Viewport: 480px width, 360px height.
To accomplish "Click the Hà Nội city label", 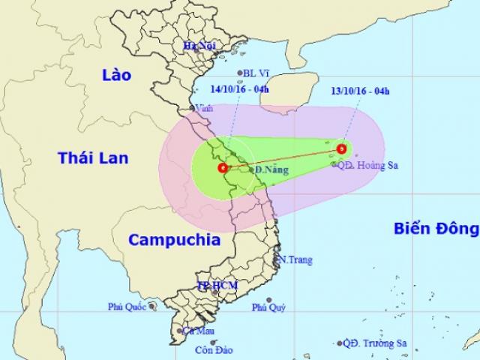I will (x=199, y=47).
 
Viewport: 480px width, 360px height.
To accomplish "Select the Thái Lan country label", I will (x=93, y=157).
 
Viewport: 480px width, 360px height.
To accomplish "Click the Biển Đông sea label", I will (x=436, y=228).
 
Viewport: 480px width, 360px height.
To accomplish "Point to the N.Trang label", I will (x=296, y=260).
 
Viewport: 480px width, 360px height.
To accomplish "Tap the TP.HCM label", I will (x=212, y=286).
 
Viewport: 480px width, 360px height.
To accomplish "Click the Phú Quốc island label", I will (x=127, y=305).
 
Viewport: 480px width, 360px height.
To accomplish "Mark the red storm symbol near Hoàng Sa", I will (x=342, y=148).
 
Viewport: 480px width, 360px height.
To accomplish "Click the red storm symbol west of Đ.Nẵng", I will (x=221, y=168).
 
